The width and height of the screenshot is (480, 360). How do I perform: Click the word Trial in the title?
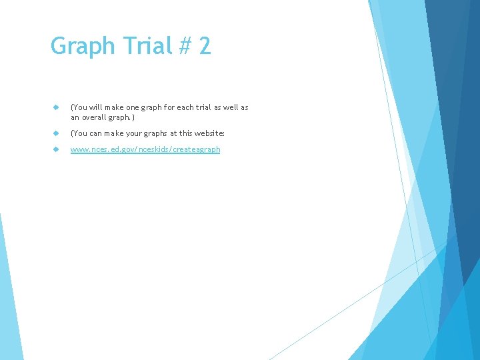[x=138, y=46]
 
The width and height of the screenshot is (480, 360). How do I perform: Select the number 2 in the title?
[x=205, y=46]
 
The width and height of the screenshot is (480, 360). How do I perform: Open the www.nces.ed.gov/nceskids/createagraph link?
[x=145, y=149]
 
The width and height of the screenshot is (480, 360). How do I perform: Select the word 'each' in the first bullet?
[x=183, y=107]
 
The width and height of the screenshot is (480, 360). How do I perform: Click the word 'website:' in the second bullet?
[x=209, y=133]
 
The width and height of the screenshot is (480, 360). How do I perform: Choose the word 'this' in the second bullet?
[x=183, y=133]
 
